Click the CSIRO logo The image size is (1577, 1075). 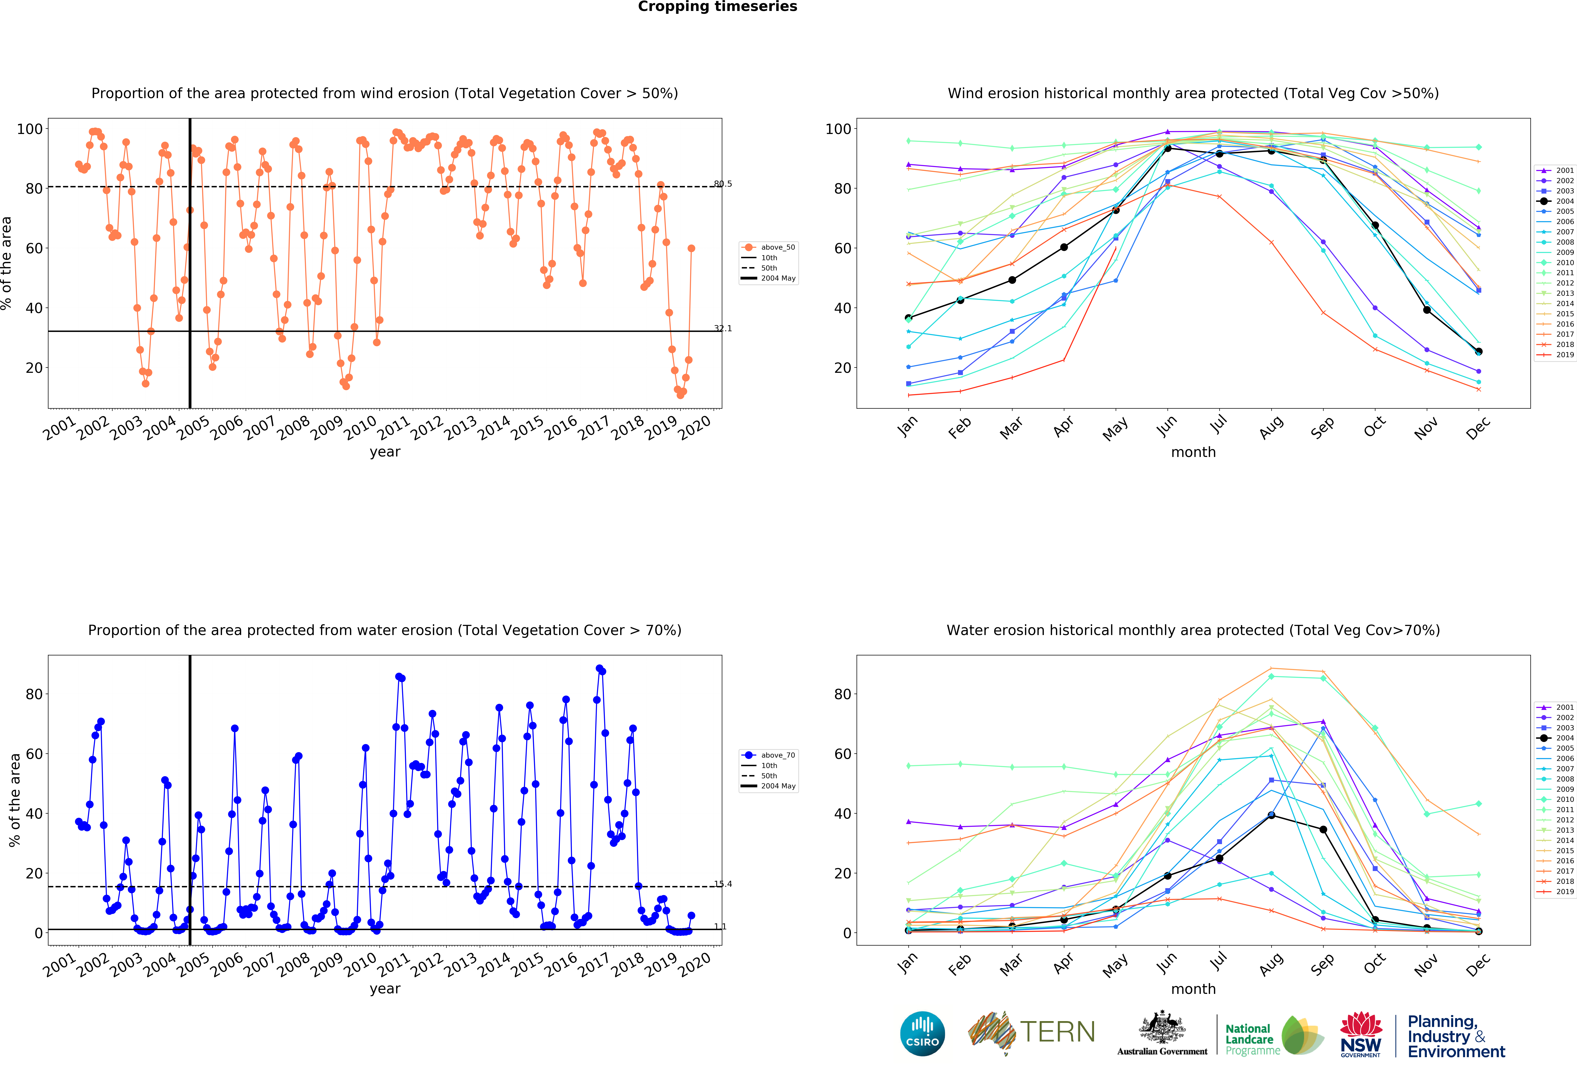click(x=922, y=1034)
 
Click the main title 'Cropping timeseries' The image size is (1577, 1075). click(x=717, y=7)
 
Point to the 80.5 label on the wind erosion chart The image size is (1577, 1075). click(x=723, y=184)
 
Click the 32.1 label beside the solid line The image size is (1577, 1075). click(x=723, y=329)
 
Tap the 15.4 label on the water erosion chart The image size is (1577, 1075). click(x=723, y=884)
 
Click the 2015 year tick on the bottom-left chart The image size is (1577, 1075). click(x=527, y=965)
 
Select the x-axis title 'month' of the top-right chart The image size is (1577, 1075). click(x=1193, y=452)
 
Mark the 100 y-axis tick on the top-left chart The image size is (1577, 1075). click(x=30, y=129)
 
